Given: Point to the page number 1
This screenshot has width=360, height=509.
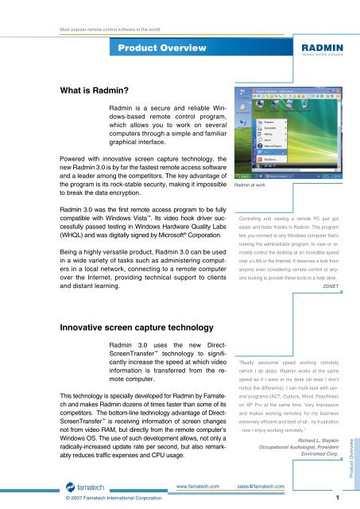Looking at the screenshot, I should click(338, 499).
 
